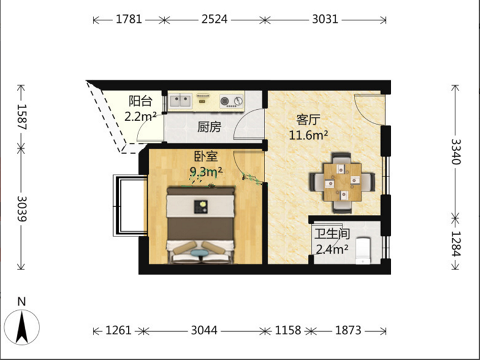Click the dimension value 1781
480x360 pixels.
(128, 19)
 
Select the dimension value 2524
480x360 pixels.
(214, 19)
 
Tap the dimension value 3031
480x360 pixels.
(325, 19)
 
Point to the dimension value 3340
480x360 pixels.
(456, 152)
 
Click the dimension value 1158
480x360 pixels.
(288, 331)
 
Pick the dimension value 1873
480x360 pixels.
(349, 331)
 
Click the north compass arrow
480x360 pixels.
(22, 327)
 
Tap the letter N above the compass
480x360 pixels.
(22, 302)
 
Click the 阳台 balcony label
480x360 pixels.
(140, 101)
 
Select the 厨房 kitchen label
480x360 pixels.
(209, 127)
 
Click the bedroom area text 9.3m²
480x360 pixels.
(206, 172)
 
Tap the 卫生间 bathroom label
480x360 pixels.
(332, 234)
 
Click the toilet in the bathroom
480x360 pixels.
(363, 250)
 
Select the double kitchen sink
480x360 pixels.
(181, 101)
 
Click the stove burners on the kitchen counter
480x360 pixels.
(232, 101)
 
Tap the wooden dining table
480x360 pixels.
(343, 182)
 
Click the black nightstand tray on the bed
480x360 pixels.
(201, 207)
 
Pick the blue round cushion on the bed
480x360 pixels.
(199, 253)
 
